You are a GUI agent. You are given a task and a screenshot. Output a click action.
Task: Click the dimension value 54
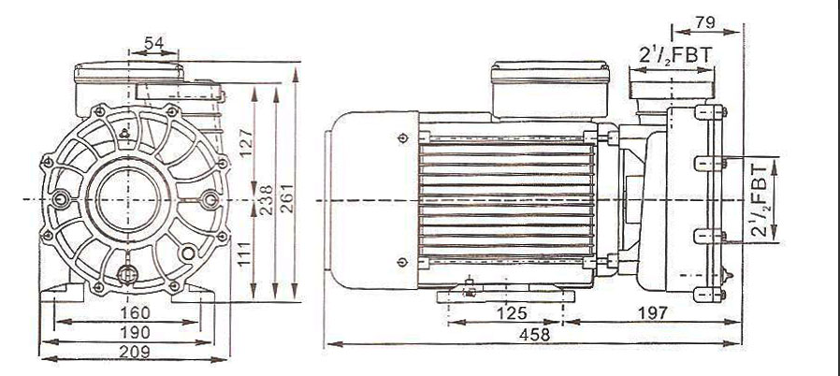[x=153, y=43]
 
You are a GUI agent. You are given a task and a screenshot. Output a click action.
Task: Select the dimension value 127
[x=246, y=141]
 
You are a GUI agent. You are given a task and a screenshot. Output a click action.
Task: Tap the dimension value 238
[x=267, y=200]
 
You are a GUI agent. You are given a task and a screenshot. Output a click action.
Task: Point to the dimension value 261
[x=287, y=197]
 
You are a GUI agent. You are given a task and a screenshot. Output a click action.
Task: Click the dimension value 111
[x=245, y=255]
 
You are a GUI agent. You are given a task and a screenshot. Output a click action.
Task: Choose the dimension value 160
[x=135, y=312]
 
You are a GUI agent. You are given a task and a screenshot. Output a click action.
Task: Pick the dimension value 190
[x=135, y=332]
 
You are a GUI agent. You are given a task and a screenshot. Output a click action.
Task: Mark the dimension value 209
[x=135, y=352]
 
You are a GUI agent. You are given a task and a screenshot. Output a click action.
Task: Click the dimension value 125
[x=511, y=312]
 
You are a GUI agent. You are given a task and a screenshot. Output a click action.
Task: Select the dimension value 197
[x=652, y=312]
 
